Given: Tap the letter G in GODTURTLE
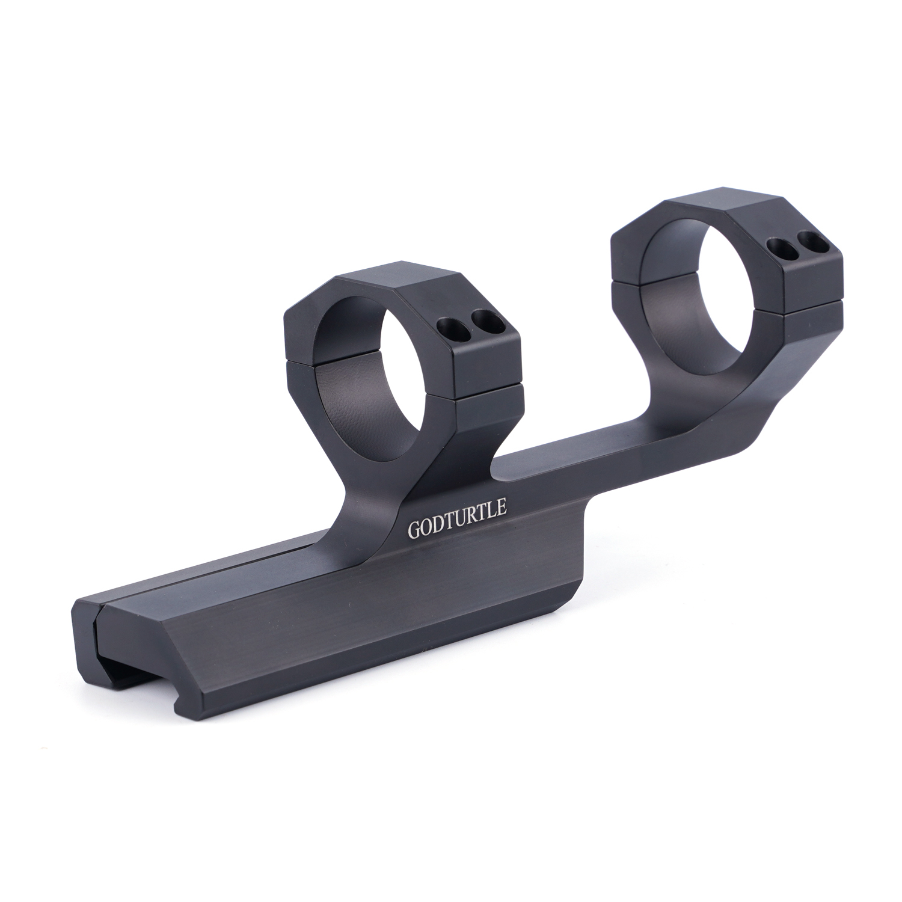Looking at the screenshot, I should (414, 530).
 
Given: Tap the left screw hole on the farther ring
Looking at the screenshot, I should (781, 247).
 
